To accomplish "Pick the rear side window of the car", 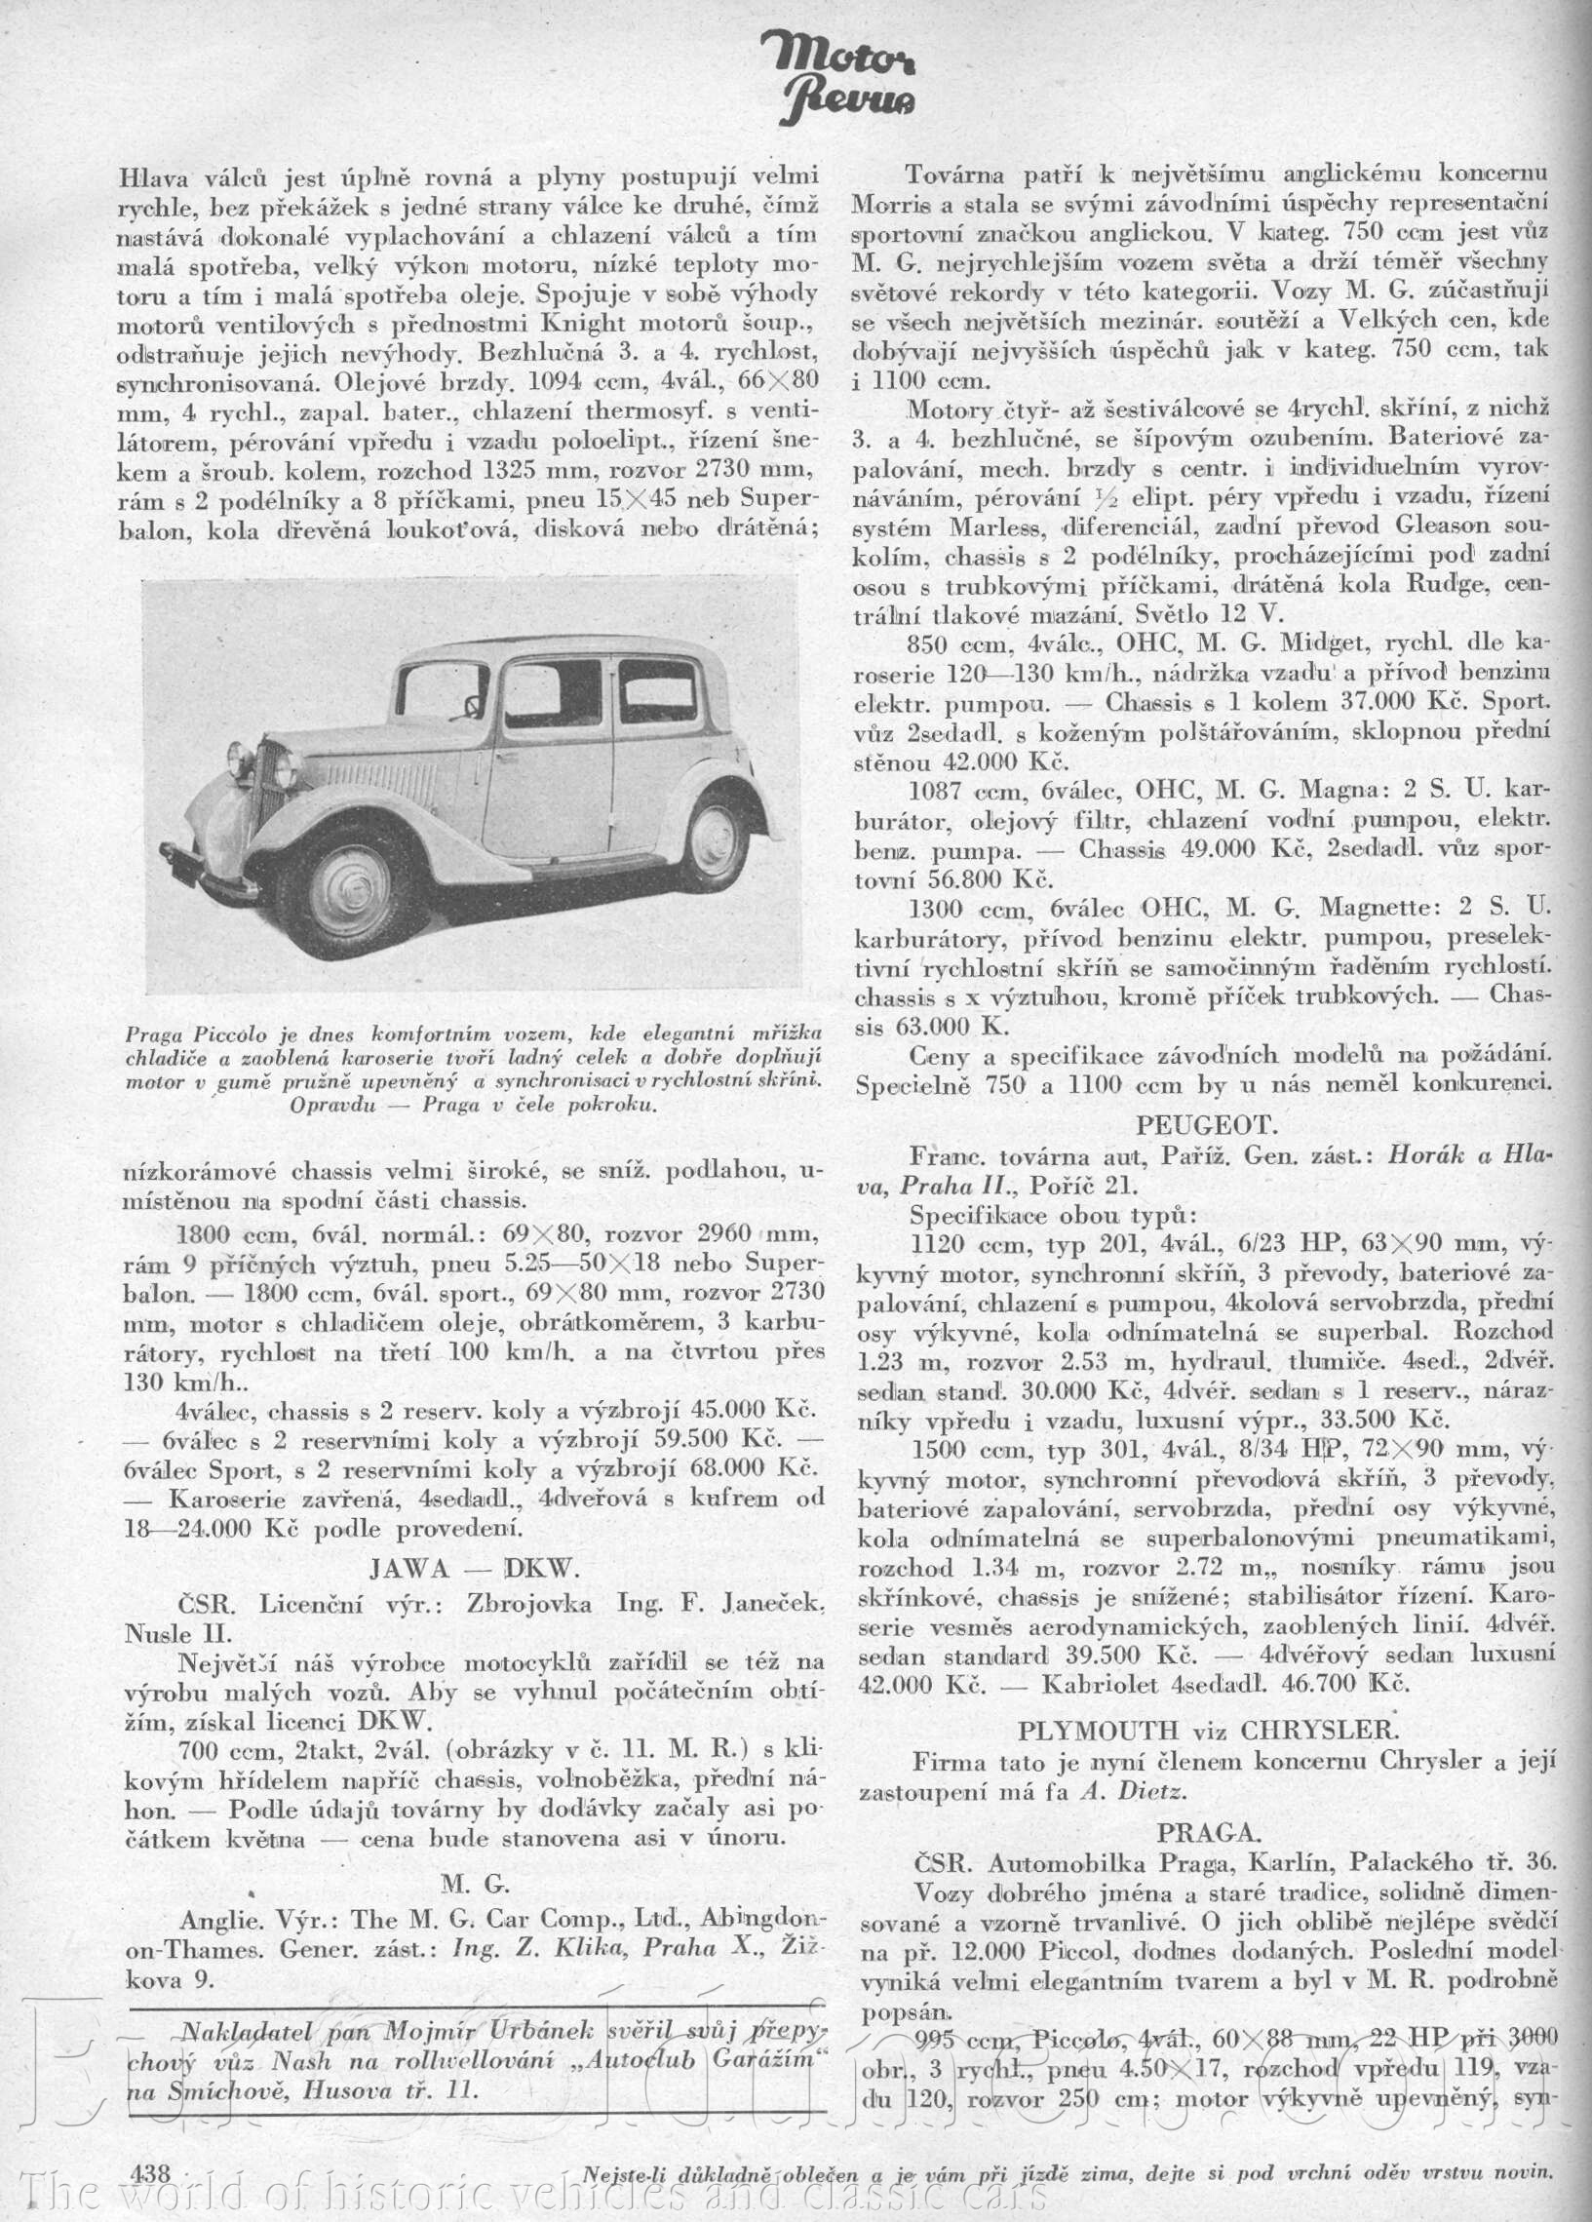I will pos(656,691).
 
